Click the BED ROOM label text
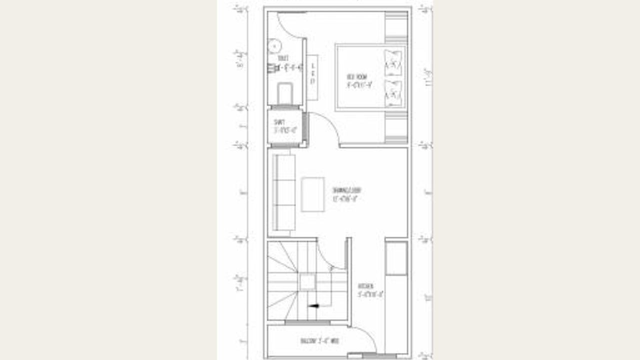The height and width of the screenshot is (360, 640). click(357, 76)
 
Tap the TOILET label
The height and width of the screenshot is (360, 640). click(283, 58)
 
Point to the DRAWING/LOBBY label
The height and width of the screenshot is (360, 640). click(346, 190)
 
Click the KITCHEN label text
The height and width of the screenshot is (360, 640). click(365, 286)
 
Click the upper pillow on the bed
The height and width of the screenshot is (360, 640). click(393, 62)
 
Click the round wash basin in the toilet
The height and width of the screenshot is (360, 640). click(274, 46)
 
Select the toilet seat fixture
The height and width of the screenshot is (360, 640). click(284, 93)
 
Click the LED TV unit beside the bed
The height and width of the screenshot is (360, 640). click(312, 77)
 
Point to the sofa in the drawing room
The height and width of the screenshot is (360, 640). click(283, 192)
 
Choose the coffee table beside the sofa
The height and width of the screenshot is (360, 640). click(313, 194)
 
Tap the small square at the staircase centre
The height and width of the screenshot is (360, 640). click(307, 282)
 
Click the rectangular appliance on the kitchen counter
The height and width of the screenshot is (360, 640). click(396, 258)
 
